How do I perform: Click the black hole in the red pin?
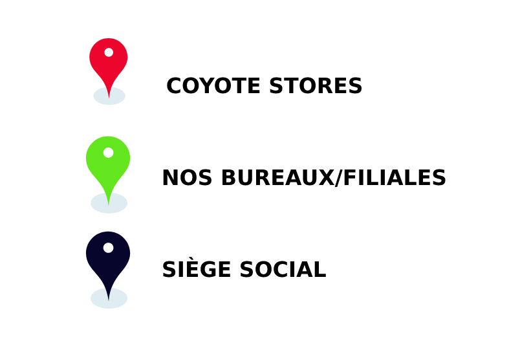109,52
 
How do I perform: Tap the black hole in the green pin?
108,153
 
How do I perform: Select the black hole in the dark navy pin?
108,248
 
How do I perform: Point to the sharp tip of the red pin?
109,98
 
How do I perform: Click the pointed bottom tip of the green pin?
109,204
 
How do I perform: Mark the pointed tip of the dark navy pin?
109,300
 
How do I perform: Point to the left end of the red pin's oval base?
94,96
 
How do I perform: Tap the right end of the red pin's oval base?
125,96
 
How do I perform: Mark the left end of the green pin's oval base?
91,202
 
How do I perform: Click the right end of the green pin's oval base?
127,202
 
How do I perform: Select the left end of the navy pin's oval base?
91,298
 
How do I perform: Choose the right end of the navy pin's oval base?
127,298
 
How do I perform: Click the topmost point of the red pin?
109,39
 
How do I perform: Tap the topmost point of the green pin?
108,137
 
